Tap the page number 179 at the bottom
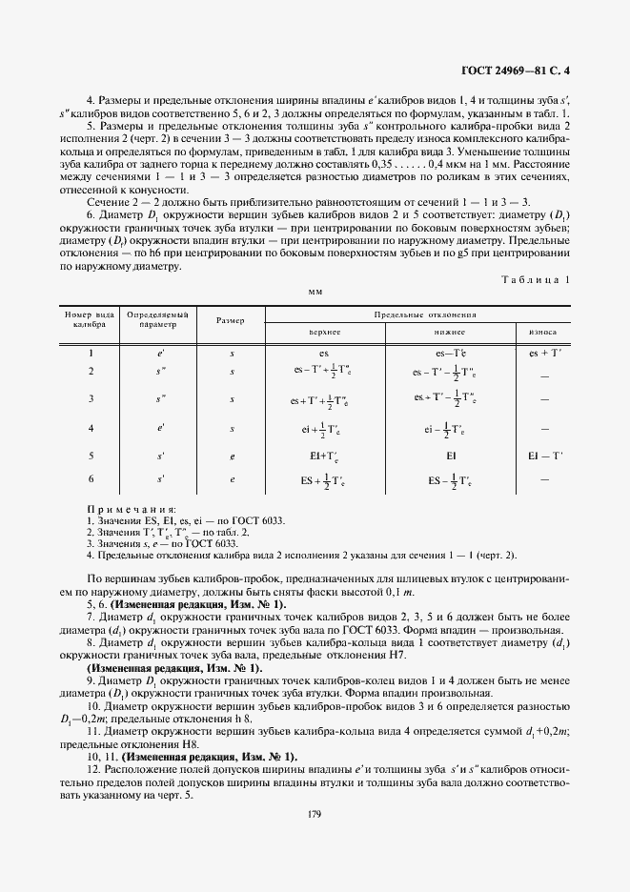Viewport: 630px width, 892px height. coord(315,813)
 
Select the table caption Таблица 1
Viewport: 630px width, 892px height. coord(534,278)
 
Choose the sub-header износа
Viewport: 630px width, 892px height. coord(544,333)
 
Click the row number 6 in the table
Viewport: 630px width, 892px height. coord(91,478)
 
